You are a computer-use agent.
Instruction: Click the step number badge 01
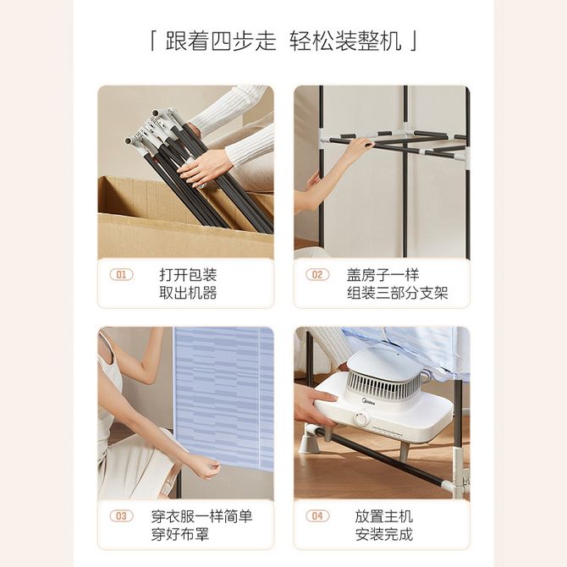(x=122, y=275)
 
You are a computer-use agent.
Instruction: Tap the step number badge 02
(x=317, y=275)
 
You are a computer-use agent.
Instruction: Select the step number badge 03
(x=122, y=516)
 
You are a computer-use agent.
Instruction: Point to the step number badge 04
(x=317, y=516)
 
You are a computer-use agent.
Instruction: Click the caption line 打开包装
(x=188, y=275)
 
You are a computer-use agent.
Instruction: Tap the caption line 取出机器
(x=188, y=293)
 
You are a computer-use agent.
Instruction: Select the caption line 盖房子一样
(x=383, y=275)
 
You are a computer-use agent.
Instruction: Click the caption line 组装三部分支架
(x=398, y=293)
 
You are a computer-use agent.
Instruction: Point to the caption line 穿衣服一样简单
(x=201, y=516)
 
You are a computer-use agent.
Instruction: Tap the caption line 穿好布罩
(x=180, y=534)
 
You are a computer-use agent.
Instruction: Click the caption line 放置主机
(x=383, y=516)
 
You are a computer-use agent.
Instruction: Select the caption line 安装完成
(x=383, y=534)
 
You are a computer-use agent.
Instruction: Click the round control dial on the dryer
(x=361, y=420)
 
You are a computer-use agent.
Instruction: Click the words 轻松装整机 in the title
(x=345, y=41)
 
